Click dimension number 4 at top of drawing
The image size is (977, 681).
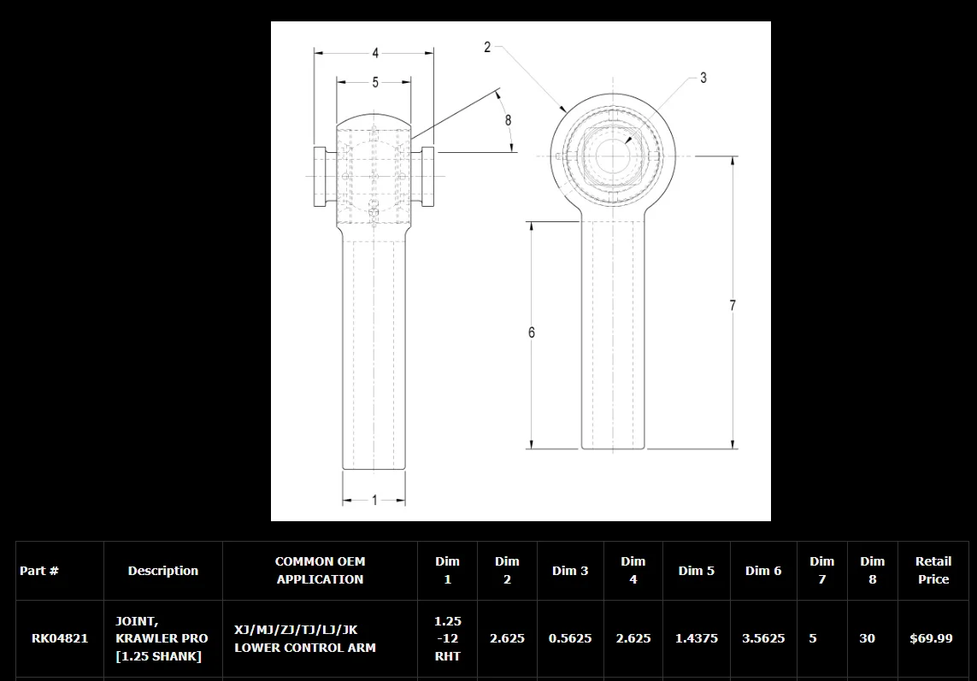click(x=375, y=54)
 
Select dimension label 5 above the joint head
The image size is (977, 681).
click(x=375, y=82)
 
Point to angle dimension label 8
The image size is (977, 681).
click(x=508, y=120)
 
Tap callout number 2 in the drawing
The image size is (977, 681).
click(x=487, y=47)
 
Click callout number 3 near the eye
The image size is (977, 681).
click(x=703, y=78)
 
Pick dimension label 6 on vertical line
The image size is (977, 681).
click(x=532, y=332)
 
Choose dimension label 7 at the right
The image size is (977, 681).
click(x=733, y=305)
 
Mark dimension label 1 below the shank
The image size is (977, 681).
click(x=374, y=501)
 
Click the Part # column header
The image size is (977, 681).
click(x=39, y=571)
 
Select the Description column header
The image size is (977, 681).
click(x=163, y=571)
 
